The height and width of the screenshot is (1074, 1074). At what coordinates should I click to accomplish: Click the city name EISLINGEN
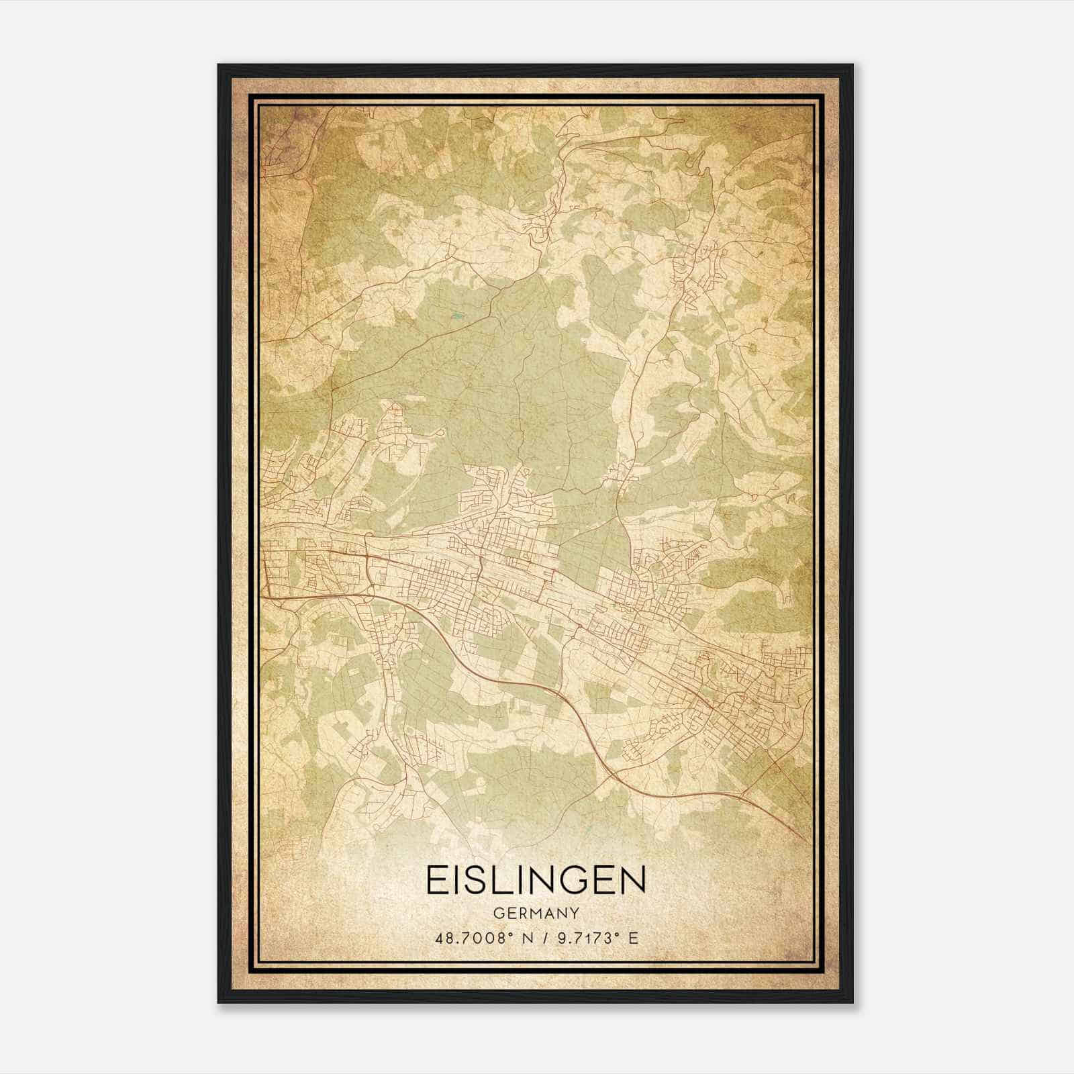point(536,880)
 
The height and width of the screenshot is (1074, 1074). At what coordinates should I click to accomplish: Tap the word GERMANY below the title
point(536,914)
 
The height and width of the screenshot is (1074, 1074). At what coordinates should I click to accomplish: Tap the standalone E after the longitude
point(633,938)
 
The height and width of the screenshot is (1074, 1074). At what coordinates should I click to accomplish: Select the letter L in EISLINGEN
point(503,880)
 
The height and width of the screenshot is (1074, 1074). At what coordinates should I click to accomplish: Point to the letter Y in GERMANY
point(575,914)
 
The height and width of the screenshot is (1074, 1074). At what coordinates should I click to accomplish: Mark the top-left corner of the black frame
point(219,65)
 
